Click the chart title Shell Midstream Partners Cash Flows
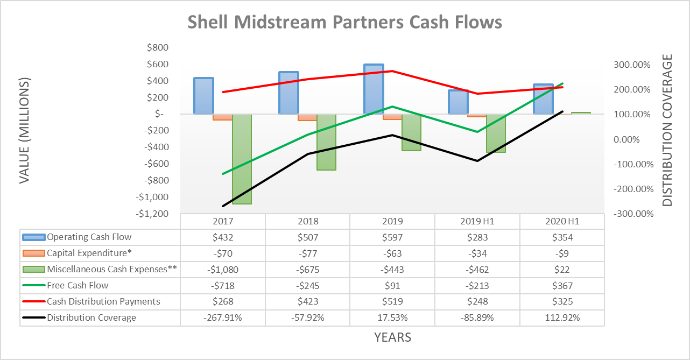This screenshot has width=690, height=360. coord(344,22)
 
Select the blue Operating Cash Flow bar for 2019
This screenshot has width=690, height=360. coord(374,89)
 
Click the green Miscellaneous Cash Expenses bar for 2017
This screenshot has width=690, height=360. coord(242,159)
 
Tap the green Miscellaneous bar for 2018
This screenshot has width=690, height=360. coord(326,142)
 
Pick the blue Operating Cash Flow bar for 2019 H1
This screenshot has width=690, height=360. coord(459,102)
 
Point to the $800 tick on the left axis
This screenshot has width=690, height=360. coord(157,48)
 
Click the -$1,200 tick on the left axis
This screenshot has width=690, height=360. coord(152,214)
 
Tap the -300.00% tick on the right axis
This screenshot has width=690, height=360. coord(631,214)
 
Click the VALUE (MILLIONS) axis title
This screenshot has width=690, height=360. coord(24,131)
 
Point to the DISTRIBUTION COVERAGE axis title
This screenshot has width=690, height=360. coord(667,131)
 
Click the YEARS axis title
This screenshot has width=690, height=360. coord(392,337)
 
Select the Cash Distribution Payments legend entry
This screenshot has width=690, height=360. coord(103,301)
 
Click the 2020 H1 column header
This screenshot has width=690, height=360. coord(562,221)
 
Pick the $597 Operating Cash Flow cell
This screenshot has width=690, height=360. coord(392,237)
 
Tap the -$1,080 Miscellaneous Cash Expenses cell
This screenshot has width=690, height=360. coord(222,269)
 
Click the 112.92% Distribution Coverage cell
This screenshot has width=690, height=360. coord(562,317)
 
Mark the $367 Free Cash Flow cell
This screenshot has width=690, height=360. coord(562,285)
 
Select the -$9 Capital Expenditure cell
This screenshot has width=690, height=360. coord(562,253)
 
